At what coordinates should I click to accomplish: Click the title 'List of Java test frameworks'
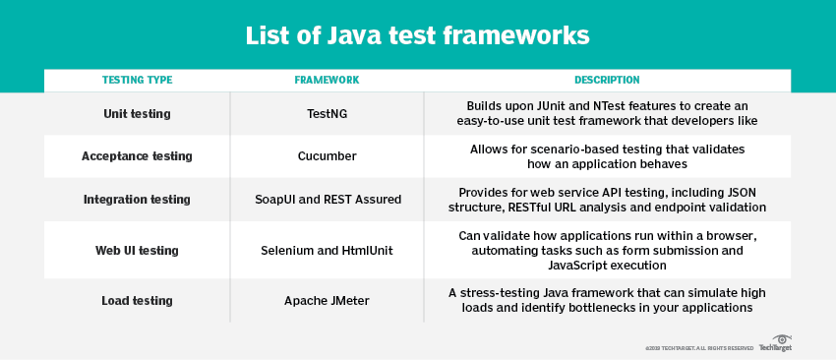[417, 36]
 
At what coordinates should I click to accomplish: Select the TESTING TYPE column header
[137, 80]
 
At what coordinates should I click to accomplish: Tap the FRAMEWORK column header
[327, 80]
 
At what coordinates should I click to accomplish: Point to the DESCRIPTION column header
[607, 80]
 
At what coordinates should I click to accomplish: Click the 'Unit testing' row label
[137, 114]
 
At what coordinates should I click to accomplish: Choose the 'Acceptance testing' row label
[137, 156]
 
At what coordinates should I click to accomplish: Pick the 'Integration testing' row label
[137, 200]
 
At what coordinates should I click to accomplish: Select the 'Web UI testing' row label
[137, 251]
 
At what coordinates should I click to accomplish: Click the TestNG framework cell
[327, 114]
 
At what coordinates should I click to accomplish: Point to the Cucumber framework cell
[327, 156]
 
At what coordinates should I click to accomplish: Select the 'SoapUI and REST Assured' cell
[327, 200]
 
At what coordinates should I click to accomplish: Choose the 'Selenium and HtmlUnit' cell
[327, 251]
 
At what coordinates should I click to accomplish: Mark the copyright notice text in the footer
[699, 348]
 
